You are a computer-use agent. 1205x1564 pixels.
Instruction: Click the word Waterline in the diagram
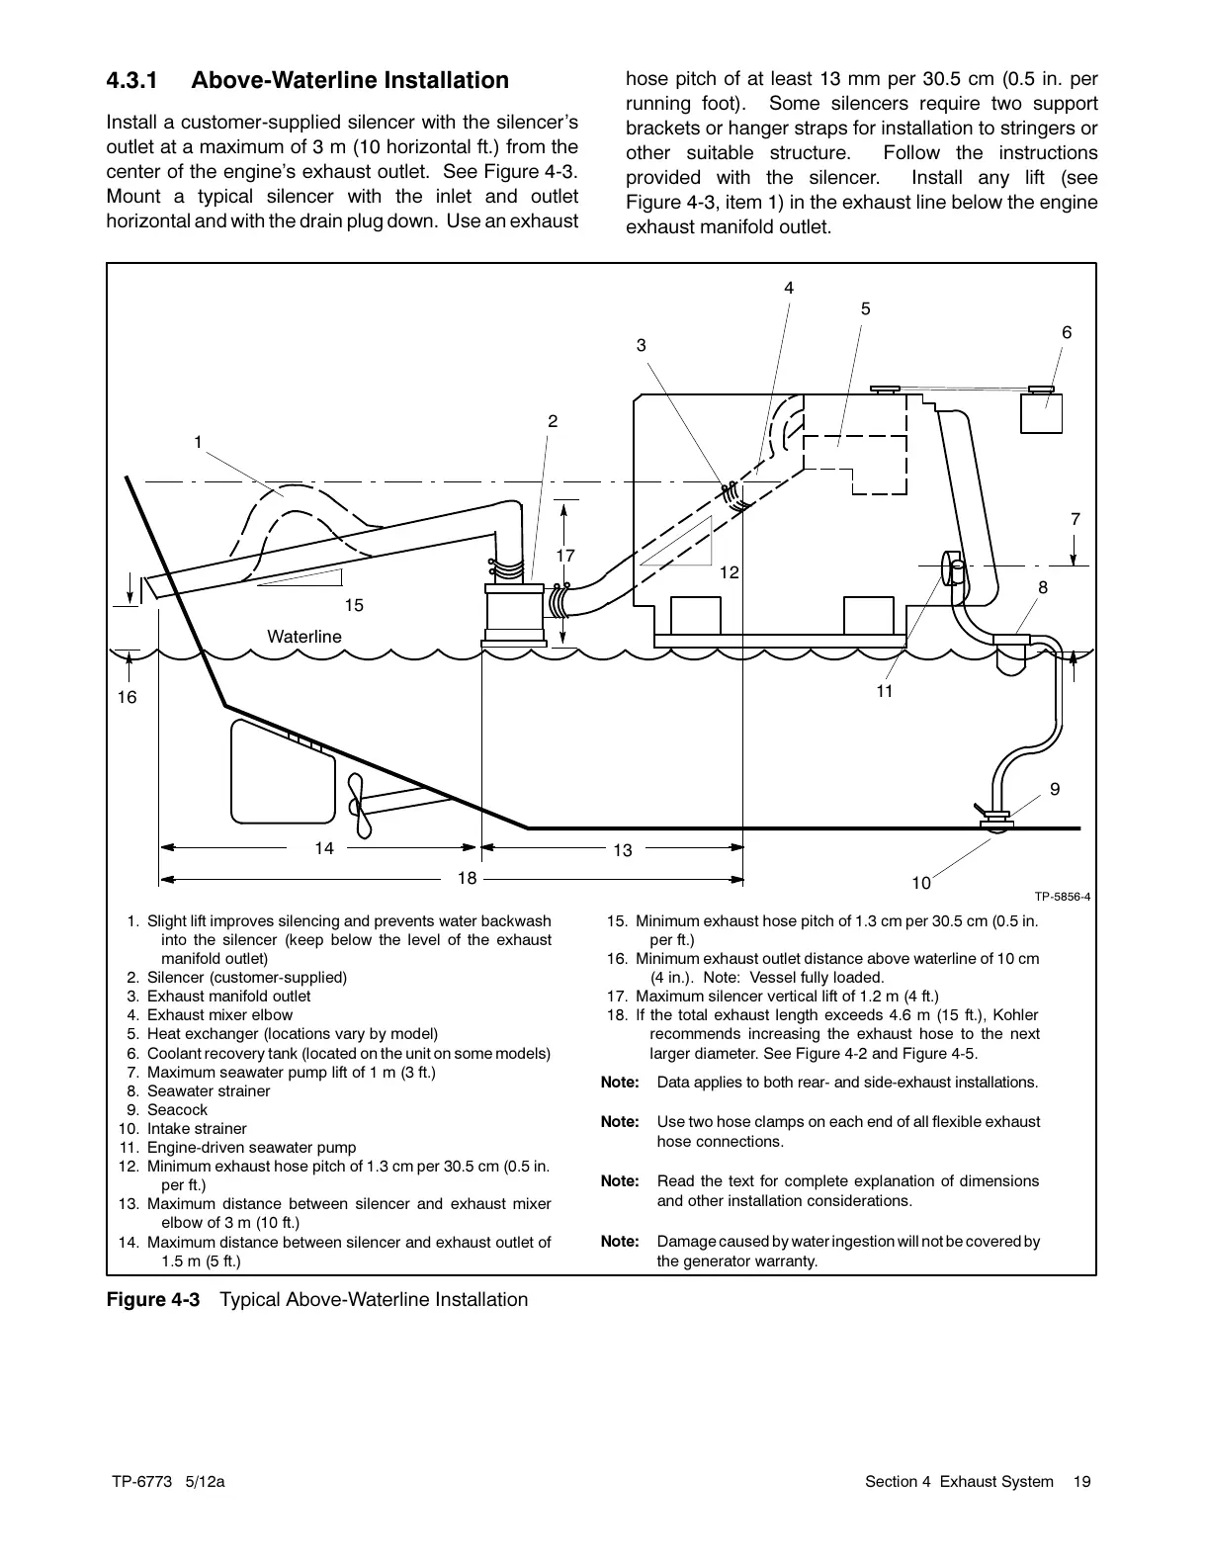click(x=304, y=637)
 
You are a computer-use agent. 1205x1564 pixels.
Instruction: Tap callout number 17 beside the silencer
click(x=565, y=556)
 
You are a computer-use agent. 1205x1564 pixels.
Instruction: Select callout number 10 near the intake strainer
click(x=921, y=882)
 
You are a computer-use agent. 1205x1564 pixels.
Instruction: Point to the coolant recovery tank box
click(x=1041, y=413)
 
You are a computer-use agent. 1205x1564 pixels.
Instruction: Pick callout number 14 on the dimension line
click(x=324, y=848)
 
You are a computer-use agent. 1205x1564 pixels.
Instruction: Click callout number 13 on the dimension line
click(x=622, y=849)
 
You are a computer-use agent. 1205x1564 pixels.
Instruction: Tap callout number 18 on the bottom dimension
click(x=467, y=878)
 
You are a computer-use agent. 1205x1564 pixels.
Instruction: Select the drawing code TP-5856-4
click(x=1063, y=897)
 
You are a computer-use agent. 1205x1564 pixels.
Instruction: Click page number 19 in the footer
click(x=1082, y=1481)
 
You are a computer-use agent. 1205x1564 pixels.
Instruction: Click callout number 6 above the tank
click(x=1067, y=333)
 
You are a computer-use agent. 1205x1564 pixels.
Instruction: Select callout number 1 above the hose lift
click(x=198, y=442)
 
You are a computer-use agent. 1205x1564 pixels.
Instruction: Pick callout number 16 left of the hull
click(x=128, y=698)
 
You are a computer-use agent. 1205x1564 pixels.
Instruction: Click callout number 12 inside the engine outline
click(x=730, y=572)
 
